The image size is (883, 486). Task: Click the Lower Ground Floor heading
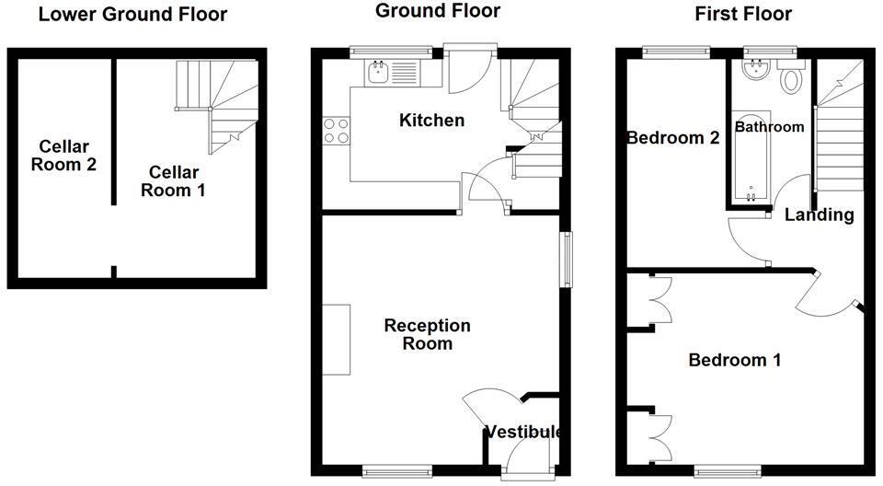(x=133, y=14)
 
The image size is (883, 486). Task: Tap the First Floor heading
(x=743, y=14)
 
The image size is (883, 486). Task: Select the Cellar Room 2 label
(x=63, y=156)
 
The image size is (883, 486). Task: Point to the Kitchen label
(x=430, y=121)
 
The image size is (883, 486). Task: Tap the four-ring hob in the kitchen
(x=336, y=132)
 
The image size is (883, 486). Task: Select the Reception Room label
(x=427, y=334)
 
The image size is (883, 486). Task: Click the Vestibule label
(x=523, y=432)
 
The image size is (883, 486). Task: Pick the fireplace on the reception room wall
(x=336, y=340)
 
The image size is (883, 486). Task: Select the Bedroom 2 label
(x=672, y=138)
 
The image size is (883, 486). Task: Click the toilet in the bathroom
(x=790, y=80)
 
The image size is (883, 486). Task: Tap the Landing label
(x=819, y=215)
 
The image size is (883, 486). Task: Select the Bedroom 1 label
(x=734, y=360)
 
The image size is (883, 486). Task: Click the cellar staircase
(x=219, y=101)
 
